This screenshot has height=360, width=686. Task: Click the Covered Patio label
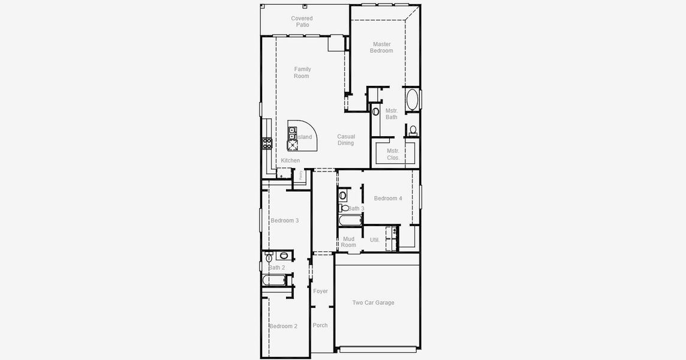(x=302, y=22)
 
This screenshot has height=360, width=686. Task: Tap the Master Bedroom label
(x=381, y=47)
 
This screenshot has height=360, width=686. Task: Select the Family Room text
(x=302, y=73)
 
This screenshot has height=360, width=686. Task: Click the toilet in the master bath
(x=413, y=130)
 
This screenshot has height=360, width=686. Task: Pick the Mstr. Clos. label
(x=393, y=154)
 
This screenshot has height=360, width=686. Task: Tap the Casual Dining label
(x=345, y=140)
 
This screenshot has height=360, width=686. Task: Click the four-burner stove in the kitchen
(x=267, y=143)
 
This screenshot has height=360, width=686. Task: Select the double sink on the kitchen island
(x=292, y=133)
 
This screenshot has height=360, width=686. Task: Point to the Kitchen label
(x=290, y=161)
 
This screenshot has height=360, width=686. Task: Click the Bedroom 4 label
(x=388, y=199)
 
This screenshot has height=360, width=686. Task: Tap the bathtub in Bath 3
(x=350, y=220)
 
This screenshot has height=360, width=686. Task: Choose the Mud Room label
(x=348, y=242)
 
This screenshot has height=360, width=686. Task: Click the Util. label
(x=375, y=240)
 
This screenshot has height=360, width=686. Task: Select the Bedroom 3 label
(x=284, y=221)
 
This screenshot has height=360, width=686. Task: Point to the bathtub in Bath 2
(x=275, y=280)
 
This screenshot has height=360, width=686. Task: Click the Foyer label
(x=321, y=292)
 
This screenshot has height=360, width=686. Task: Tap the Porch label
(x=320, y=326)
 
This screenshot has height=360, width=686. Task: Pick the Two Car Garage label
(x=373, y=303)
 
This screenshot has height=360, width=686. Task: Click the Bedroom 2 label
(x=283, y=326)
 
